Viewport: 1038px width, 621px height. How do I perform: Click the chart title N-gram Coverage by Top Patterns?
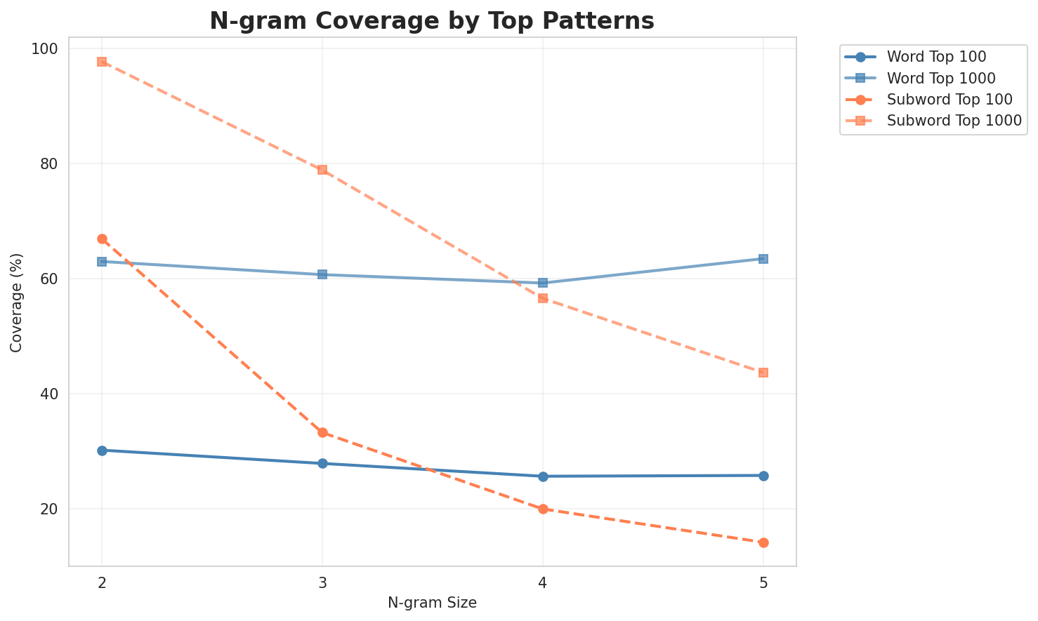pos(432,21)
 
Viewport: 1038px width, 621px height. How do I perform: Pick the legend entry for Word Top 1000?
pos(941,77)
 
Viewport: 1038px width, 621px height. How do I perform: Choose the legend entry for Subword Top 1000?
pos(953,120)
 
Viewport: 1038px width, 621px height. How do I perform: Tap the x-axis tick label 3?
pos(322,583)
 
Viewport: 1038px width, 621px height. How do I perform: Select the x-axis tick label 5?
pos(763,583)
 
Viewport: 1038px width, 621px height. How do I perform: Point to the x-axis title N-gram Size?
pos(432,603)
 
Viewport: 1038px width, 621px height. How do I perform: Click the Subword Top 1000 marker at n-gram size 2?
pos(102,62)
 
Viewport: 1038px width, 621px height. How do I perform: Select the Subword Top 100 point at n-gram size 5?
pos(763,542)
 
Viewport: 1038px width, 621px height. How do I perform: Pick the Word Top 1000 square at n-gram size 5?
pos(763,259)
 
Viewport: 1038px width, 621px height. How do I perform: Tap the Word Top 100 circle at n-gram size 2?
pos(102,450)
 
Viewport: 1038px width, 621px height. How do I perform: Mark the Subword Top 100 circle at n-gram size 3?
pos(322,433)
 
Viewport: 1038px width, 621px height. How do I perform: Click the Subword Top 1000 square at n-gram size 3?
pos(322,170)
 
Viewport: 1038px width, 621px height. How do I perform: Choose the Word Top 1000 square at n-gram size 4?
pos(543,283)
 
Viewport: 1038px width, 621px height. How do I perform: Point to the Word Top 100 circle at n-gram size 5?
pos(763,476)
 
